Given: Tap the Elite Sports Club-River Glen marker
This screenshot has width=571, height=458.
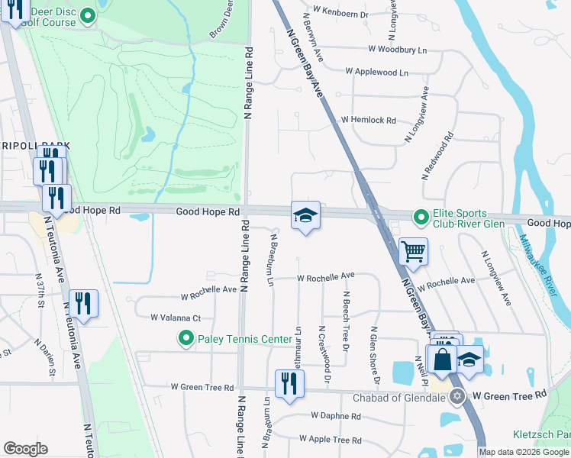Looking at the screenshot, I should pyautogui.click(x=420, y=218).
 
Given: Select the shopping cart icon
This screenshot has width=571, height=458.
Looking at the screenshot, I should pyautogui.click(x=413, y=250).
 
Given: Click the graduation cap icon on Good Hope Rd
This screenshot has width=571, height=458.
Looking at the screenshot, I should pyautogui.click(x=305, y=215).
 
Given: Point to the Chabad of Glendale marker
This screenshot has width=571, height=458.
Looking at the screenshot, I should pyautogui.click(x=457, y=396).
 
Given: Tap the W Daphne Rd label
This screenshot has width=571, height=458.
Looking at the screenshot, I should pyautogui.click(x=335, y=416).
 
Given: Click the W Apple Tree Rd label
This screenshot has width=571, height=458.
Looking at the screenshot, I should pyautogui.click(x=330, y=440).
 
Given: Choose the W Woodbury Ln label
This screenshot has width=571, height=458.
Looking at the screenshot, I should pyautogui.click(x=396, y=49).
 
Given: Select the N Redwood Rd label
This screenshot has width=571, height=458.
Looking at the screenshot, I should pyautogui.click(x=438, y=156).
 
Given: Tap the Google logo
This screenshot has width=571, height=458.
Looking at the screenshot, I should pyautogui.click(x=26, y=449).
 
